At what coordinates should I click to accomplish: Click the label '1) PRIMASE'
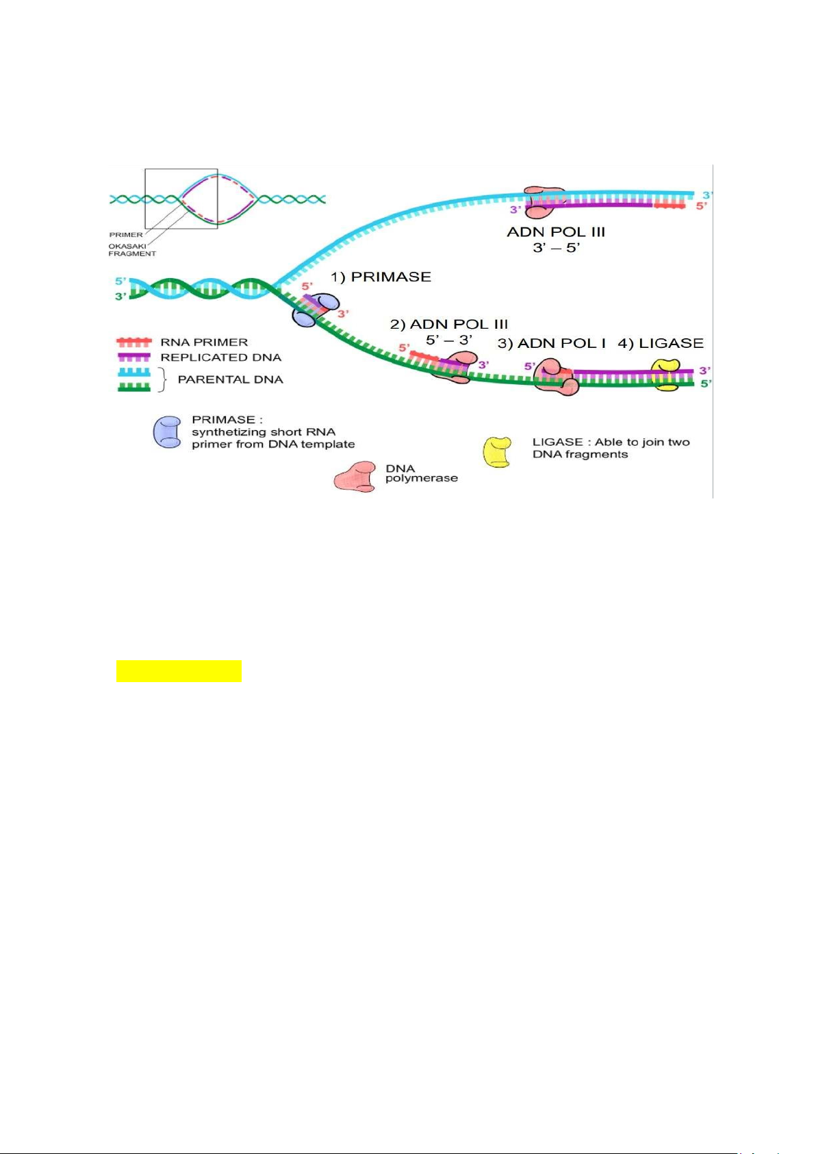tap(381, 277)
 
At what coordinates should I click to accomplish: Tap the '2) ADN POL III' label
tap(449, 324)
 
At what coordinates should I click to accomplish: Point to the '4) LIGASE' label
tap(661, 343)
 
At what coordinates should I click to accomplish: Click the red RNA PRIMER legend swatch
tap(134, 342)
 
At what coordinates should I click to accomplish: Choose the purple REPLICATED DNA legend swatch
tap(134, 357)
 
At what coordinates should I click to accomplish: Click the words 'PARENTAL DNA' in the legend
tap(230, 379)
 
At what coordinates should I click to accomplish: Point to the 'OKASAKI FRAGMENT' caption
tap(131, 249)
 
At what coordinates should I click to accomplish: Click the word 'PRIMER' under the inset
tap(126, 235)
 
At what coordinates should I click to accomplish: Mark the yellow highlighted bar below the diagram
tap(179, 670)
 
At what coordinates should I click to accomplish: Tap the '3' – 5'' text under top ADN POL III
tap(556, 247)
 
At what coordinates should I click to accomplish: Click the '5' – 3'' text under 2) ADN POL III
tap(449, 339)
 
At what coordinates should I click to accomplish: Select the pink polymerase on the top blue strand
tap(545, 201)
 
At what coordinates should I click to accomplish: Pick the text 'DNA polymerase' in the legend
tap(420, 473)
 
